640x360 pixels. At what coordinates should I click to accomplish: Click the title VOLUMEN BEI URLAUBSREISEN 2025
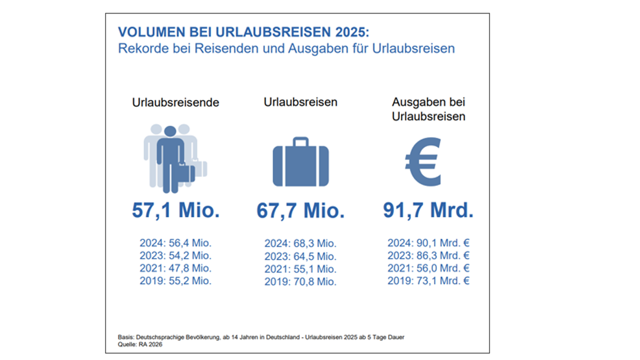tap(244, 31)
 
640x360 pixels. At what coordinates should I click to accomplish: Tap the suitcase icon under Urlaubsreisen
tap(300, 162)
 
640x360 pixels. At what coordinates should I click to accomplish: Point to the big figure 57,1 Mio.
tap(176, 211)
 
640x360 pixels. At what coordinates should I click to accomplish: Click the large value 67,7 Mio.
tap(300, 211)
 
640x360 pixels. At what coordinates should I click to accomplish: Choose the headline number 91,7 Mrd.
tap(428, 211)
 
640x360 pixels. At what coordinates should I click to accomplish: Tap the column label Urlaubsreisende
tap(176, 103)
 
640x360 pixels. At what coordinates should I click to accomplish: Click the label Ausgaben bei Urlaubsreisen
tap(428, 110)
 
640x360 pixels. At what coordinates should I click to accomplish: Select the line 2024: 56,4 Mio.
tap(176, 243)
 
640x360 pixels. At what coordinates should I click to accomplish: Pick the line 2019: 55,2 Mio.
tap(176, 280)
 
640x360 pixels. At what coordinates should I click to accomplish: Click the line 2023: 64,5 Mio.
tap(300, 256)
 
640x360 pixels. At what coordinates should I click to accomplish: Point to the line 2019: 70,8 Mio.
tap(300, 281)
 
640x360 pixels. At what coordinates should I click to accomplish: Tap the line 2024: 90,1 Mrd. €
tap(428, 243)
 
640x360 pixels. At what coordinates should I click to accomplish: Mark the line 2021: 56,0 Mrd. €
tap(428, 268)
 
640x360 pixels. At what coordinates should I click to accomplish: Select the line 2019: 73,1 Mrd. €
tap(428, 280)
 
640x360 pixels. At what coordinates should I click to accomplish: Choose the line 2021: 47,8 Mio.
tap(176, 268)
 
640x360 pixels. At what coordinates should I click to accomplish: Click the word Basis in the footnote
tap(126, 337)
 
